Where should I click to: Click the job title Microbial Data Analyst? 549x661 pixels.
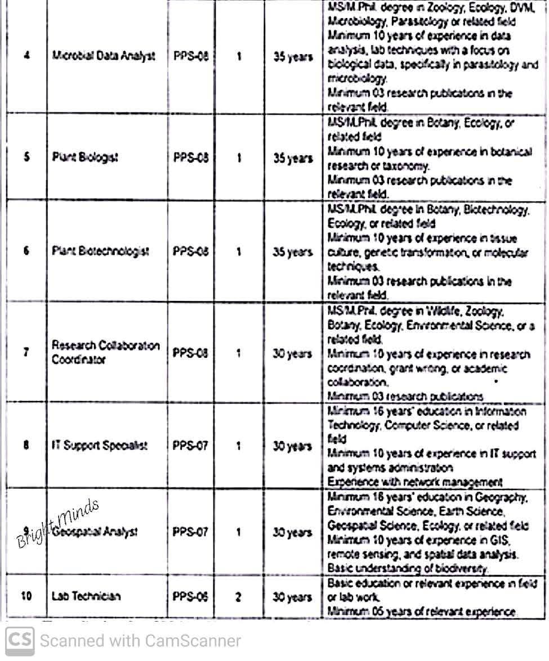coord(104,57)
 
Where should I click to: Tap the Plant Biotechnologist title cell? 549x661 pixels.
coord(101,252)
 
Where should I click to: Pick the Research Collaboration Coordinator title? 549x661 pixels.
coord(106,353)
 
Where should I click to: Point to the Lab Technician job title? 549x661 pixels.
coord(86,596)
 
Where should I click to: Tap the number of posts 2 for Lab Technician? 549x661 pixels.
coord(238,596)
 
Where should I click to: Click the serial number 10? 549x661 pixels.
coord(26,596)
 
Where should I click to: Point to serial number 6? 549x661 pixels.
coord(26,252)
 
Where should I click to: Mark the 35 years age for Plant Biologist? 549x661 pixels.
coord(293,159)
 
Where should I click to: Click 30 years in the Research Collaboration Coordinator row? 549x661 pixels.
coord(292,353)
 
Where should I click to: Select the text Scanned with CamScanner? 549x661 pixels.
coord(140,641)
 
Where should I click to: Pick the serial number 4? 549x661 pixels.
coord(26,57)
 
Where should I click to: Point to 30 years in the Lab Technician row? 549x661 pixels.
coord(292,596)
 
